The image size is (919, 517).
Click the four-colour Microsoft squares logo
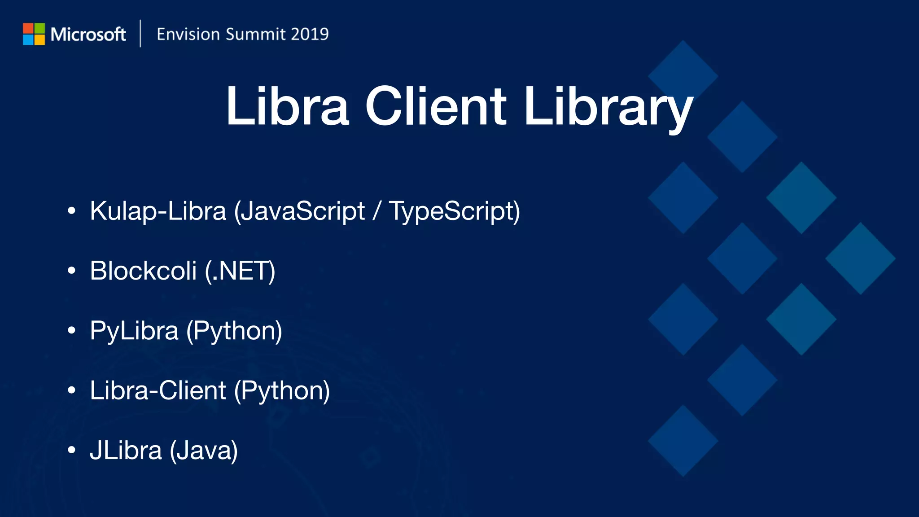pyautogui.click(x=34, y=34)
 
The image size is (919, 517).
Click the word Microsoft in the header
pyautogui.click(x=88, y=35)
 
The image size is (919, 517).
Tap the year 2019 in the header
pyautogui.click(x=309, y=34)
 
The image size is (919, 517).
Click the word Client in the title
pyautogui.click(x=436, y=106)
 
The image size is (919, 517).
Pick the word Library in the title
pyautogui.click(x=608, y=108)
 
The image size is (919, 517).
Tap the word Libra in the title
pyautogui.click(x=287, y=106)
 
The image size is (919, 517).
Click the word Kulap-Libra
pyautogui.click(x=158, y=211)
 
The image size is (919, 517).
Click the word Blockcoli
pyautogui.click(x=143, y=271)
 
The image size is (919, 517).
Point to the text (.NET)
pyautogui.click(x=240, y=271)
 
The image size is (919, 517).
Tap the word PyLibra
pyautogui.click(x=134, y=331)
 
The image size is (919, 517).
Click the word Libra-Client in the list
pyautogui.click(x=158, y=390)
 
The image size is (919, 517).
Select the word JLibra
pyautogui.click(x=126, y=450)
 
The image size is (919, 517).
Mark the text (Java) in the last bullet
pyautogui.click(x=204, y=451)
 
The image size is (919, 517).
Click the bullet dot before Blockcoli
pyautogui.click(x=71, y=271)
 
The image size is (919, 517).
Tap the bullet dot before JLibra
pyautogui.click(x=71, y=450)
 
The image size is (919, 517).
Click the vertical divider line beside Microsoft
pyautogui.click(x=140, y=34)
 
